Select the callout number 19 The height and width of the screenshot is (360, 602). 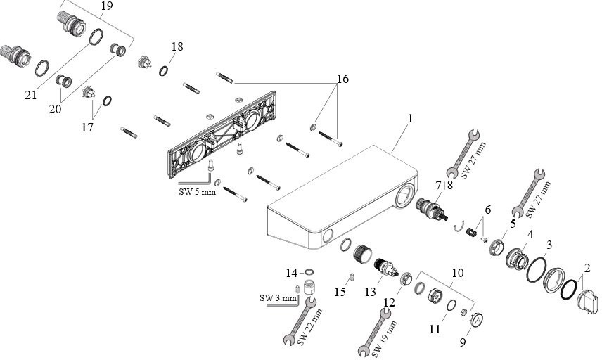point(106,7)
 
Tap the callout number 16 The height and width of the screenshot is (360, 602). point(342,79)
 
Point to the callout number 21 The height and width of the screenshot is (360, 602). point(31,94)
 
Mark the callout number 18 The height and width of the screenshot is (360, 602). point(177,46)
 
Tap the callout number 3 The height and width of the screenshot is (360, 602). point(549,244)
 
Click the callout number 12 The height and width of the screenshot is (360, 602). point(388,303)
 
